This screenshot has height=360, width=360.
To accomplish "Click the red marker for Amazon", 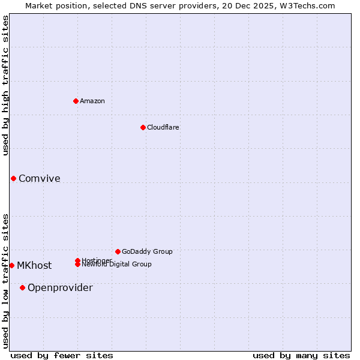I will point(76,101).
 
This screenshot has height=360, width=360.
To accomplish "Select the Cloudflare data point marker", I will point(143,127).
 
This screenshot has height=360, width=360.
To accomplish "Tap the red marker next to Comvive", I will point(13,178).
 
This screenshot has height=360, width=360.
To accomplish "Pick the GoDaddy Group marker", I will point(118,251).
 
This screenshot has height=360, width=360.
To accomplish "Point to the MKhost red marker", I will point(11,265).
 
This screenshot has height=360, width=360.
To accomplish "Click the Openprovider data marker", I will point(22,287).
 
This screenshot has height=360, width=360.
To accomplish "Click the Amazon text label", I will point(92,101).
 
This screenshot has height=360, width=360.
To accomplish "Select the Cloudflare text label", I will point(163,127).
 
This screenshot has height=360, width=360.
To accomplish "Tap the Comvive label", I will point(40,178).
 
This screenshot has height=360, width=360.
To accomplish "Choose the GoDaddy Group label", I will point(147,251).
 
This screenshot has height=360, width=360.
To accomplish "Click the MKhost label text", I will point(34,266).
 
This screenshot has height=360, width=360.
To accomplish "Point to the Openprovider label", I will point(60,288).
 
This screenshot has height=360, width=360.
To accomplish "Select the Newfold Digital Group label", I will point(117,265).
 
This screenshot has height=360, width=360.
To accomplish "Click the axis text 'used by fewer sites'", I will point(62,355).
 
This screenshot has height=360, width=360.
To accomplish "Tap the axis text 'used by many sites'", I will point(301,355).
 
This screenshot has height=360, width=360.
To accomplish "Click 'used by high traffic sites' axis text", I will point(5,85).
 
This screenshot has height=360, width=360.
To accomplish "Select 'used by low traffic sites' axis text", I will point(5,280).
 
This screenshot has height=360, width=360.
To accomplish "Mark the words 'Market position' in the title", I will point(53,5).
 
